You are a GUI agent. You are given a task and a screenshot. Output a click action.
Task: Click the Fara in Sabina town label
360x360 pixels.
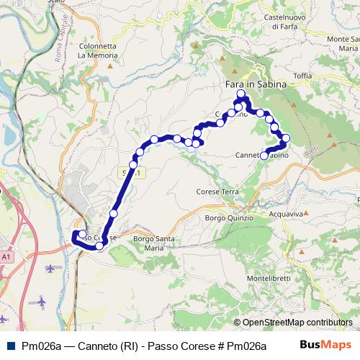251,84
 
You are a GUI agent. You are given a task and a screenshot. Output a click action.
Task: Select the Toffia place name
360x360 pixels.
302,75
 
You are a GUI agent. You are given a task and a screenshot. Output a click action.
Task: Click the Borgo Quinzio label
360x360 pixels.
229,217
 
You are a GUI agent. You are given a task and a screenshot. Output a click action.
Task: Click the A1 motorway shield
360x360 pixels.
6,256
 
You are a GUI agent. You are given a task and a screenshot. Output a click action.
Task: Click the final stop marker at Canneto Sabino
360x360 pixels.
264,156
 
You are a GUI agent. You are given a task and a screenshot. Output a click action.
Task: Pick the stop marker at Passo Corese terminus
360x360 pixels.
76,234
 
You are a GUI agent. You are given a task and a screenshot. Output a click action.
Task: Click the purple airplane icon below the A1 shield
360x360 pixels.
50,269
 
